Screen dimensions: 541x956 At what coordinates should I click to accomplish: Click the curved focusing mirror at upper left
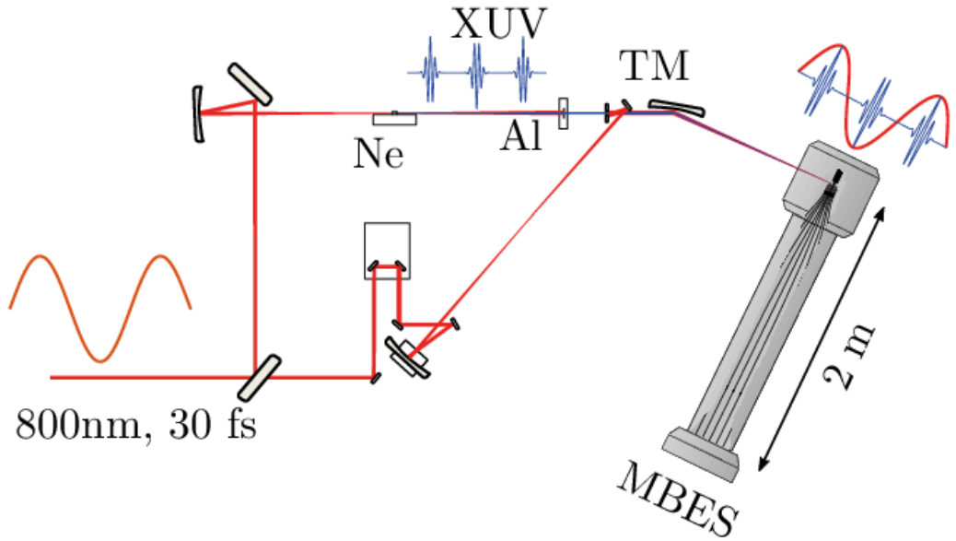(x=197, y=113)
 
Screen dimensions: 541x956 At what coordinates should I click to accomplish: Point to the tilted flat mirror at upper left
(x=250, y=84)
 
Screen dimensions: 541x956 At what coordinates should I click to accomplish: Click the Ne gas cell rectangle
(x=396, y=118)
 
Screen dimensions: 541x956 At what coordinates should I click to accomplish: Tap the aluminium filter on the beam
(x=563, y=112)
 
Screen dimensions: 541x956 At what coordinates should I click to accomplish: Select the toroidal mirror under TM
(x=676, y=107)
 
